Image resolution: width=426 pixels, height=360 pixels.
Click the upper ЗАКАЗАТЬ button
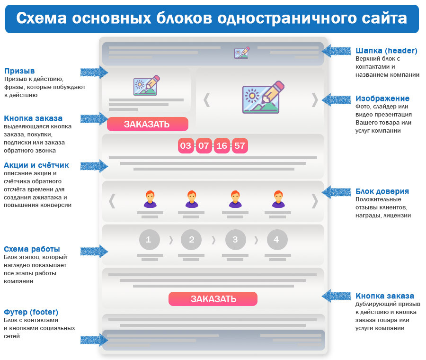tap(147, 124)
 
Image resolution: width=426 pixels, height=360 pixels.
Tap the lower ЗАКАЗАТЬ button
tap(213, 299)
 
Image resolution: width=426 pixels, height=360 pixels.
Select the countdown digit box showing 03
tap(186, 145)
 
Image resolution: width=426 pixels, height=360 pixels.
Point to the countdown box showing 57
tap(240, 145)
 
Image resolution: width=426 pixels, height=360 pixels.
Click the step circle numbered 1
tap(148, 240)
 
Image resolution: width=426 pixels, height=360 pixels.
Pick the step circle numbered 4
tap(276, 240)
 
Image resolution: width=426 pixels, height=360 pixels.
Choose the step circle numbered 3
tap(235, 240)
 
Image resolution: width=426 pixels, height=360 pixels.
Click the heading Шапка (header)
tap(386, 51)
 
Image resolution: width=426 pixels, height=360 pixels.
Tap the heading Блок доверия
tap(382, 191)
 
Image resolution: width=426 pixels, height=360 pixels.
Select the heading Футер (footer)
tap(31, 312)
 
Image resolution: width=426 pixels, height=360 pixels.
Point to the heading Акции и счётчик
tap(36, 165)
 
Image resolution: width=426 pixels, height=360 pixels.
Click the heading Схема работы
tap(32, 249)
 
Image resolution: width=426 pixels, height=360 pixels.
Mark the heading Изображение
tap(382, 99)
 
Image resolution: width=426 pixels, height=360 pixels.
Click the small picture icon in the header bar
tap(242, 53)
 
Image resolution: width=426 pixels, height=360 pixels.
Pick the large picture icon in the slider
tap(263, 98)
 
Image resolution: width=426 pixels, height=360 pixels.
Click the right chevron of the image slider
tap(315, 99)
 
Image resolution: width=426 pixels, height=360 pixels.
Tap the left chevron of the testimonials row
tap(112, 201)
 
